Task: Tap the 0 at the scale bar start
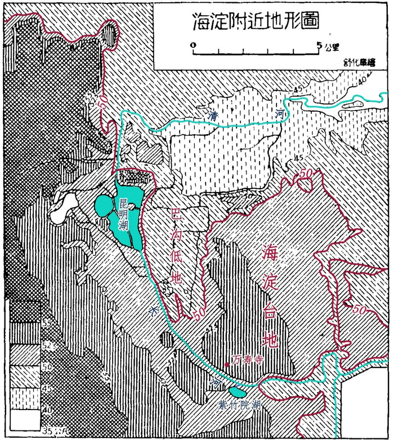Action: [193, 44]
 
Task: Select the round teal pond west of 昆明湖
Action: [104, 206]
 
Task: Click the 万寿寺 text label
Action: [246, 358]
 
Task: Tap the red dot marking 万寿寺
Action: [226, 365]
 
